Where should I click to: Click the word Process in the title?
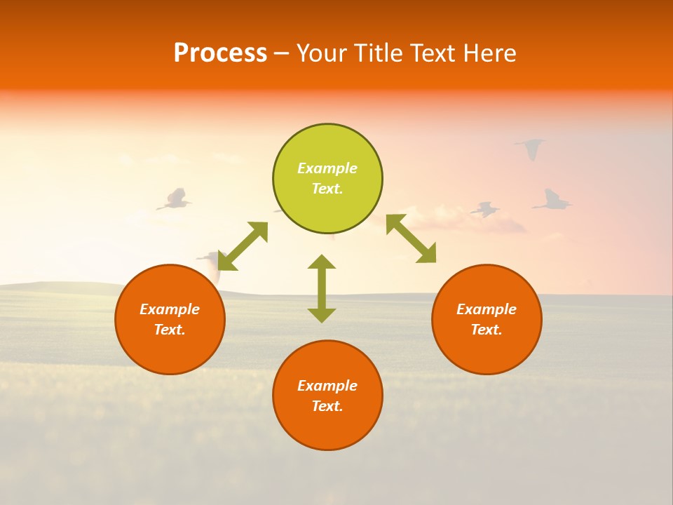[x=220, y=53]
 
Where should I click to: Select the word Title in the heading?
[x=382, y=53]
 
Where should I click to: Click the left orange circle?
[x=170, y=319]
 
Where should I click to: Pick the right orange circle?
[x=487, y=319]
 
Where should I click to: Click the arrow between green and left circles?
[x=243, y=246]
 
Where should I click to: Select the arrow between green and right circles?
[x=412, y=239]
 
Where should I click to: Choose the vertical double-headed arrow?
[x=322, y=288]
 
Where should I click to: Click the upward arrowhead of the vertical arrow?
[x=322, y=262]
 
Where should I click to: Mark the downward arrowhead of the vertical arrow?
[x=322, y=315]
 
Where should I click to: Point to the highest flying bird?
[x=531, y=147]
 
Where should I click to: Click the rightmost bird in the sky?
[x=553, y=201]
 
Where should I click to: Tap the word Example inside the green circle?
[x=327, y=168]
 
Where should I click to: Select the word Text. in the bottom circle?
[x=327, y=406]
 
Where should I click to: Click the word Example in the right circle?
[x=487, y=309]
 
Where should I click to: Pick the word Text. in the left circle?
[x=170, y=330]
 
